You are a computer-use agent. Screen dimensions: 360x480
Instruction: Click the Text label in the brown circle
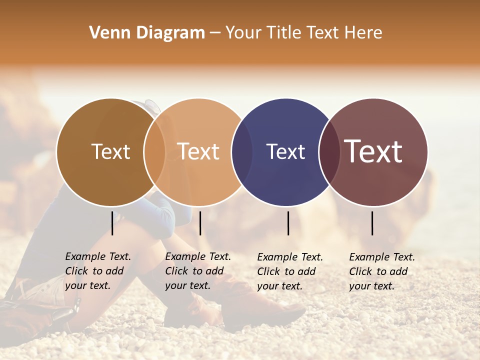(x=110, y=151)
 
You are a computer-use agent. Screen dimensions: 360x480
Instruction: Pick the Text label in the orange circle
(x=198, y=151)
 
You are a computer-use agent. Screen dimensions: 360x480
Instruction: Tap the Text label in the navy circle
(x=285, y=151)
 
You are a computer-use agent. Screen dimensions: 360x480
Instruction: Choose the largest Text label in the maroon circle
(x=373, y=151)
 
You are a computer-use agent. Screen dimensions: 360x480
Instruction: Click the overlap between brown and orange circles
(x=154, y=152)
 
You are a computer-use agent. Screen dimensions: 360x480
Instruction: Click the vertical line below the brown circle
(x=112, y=223)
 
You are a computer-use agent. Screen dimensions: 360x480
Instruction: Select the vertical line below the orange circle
(x=200, y=223)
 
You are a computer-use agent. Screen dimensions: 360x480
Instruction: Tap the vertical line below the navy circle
(x=288, y=223)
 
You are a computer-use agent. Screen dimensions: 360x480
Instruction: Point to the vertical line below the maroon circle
(x=372, y=223)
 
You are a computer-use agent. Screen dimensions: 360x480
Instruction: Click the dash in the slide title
(x=215, y=33)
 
